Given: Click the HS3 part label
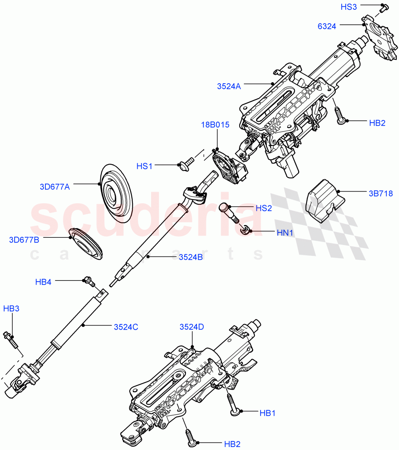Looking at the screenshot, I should (348, 7).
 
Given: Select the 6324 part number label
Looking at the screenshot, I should (327, 26).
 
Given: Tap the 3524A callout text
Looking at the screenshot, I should (229, 86).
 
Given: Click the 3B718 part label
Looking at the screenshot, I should (381, 193).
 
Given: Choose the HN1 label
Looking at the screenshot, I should (285, 232).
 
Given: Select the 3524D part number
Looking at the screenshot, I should (192, 327).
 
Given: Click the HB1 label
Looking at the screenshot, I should (267, 413).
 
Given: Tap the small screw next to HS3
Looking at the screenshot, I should (382, 7).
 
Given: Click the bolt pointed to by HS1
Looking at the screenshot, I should (186, 163).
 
